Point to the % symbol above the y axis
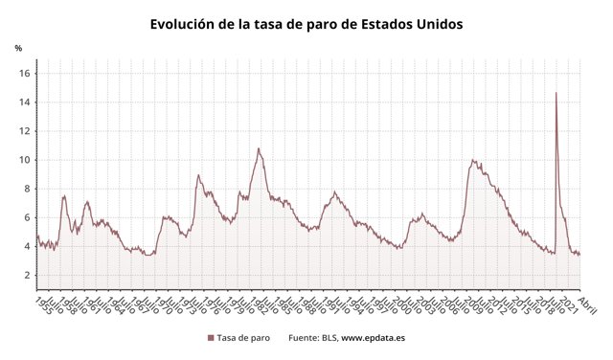coord(18,48)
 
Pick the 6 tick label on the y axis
coord(28,217)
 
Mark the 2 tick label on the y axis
coord(28,275)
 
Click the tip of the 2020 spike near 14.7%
coord(556,93)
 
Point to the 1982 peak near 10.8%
coord(258,148)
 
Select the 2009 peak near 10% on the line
coord(472,160)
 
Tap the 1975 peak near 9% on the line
coord(198,174)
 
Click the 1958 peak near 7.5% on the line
coord(64,196)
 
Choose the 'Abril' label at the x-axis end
coord(587,304)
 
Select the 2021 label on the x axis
coord(568,304)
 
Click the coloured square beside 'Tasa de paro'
coord(210,338)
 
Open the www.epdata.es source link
coord(374,338)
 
